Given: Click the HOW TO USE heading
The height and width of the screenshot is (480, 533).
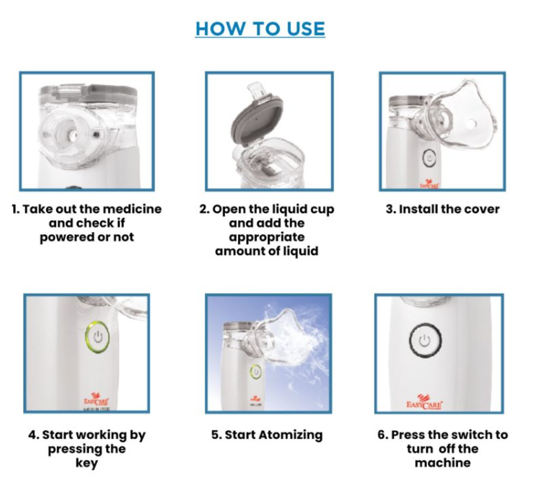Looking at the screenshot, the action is tap(260, 29).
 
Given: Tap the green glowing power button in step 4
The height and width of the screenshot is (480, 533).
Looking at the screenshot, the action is tap(97, 337).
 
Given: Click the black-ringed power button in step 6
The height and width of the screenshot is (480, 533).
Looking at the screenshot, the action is tap(425, 340).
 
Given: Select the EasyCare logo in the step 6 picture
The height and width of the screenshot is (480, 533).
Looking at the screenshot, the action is tap(424, 403).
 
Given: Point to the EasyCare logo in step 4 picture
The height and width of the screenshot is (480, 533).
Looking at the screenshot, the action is tap(96, 400).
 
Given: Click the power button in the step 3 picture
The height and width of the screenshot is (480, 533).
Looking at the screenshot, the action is tap(430, 159).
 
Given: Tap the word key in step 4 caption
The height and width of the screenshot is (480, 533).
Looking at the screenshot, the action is tap(87, 463).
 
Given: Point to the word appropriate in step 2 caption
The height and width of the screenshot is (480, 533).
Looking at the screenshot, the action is tap(267, 237).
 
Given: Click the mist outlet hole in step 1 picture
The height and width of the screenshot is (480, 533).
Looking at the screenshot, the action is tap(71, 136).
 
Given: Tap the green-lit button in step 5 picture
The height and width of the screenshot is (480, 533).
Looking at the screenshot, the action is tap(255, 371).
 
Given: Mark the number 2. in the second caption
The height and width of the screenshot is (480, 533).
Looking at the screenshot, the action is tap(204, 209).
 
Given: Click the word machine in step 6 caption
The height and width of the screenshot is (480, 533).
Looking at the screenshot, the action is tap(443, 463).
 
